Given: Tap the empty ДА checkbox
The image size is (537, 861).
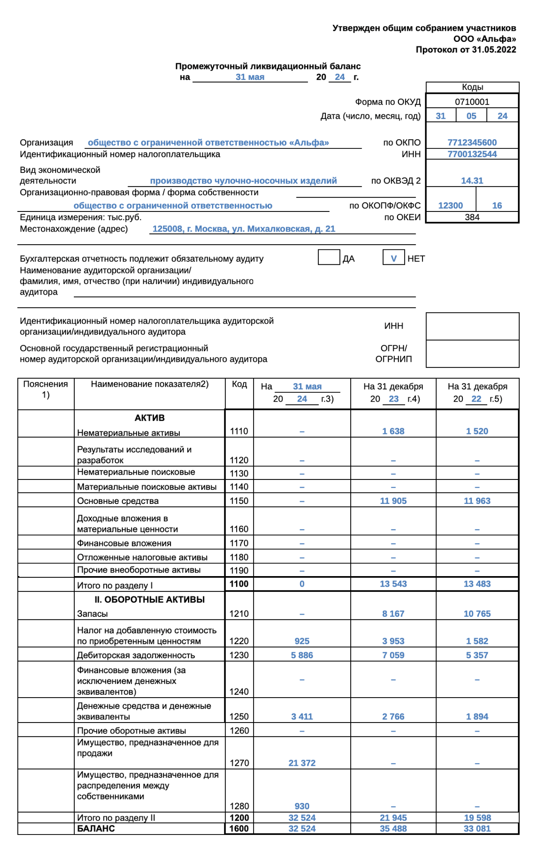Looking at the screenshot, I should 329,258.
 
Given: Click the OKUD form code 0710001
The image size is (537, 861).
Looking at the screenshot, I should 472,102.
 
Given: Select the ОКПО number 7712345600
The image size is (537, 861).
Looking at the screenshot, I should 472,142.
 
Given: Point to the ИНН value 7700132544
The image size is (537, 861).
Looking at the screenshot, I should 472,154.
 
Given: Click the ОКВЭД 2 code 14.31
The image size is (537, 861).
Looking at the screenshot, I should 472,181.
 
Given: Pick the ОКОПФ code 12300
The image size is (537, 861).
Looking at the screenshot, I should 450,206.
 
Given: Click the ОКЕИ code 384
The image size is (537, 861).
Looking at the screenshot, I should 472,217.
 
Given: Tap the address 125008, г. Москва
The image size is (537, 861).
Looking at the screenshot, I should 244,229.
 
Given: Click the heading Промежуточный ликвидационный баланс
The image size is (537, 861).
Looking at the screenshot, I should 268,66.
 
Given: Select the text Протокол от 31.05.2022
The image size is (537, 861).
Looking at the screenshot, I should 466,50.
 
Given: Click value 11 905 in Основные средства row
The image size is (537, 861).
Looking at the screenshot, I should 393,501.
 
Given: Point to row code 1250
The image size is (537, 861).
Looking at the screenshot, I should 239,716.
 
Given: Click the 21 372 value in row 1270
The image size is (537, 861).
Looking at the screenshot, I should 302,763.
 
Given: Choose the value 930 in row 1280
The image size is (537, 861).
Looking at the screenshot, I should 302,806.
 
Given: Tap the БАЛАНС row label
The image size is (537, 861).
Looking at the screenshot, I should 96,828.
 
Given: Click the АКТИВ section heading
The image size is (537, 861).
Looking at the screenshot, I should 149,418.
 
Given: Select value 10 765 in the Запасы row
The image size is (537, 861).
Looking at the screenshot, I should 477,614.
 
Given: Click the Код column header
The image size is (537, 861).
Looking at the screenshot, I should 239,384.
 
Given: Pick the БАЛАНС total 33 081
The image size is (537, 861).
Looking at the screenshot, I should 477,829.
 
